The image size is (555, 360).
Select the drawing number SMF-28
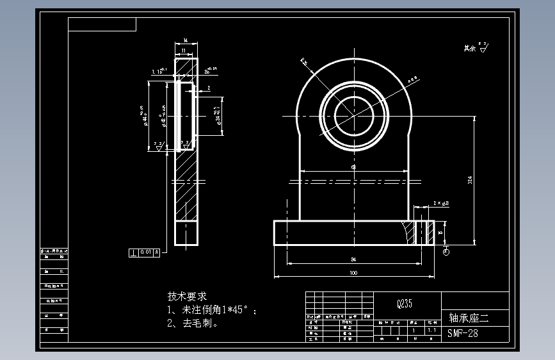(462, 333)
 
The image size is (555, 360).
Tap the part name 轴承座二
(469, 317)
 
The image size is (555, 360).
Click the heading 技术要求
(188, 297)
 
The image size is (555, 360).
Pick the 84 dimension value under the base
(353, 259)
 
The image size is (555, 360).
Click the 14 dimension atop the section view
(185, 40)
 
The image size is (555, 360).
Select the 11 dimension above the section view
(184, 50)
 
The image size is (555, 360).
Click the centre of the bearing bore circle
(353, 116)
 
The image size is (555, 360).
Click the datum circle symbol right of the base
(446, 252)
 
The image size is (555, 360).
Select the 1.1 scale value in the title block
(432, 331)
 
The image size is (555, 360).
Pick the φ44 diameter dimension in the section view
(145, 117)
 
